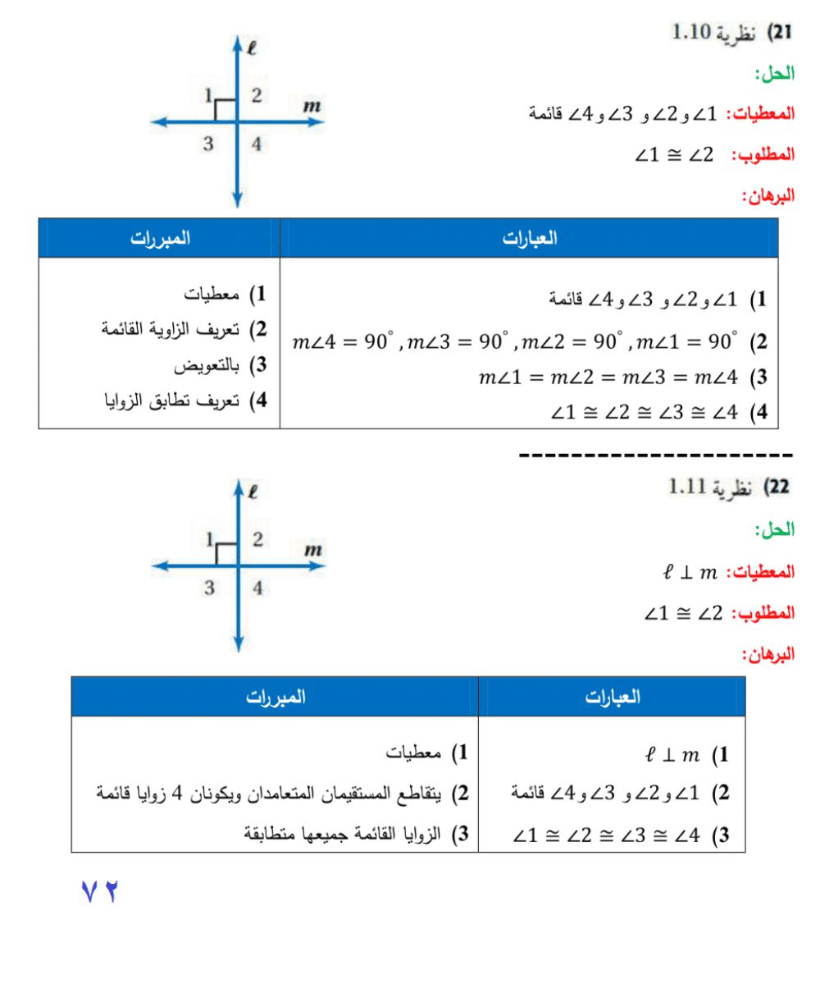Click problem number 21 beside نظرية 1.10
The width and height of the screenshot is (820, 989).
(778, 33)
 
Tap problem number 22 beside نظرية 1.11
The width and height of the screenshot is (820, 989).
(778, 488)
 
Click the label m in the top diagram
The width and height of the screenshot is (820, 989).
(312, 105)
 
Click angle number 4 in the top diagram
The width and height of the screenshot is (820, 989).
(257, 144)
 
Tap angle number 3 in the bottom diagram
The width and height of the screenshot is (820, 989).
(209, 588)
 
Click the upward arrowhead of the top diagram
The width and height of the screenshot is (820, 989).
(237, 43)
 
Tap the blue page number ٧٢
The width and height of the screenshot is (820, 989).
(100, 891)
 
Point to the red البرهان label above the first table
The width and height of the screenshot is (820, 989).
(768, 196)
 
